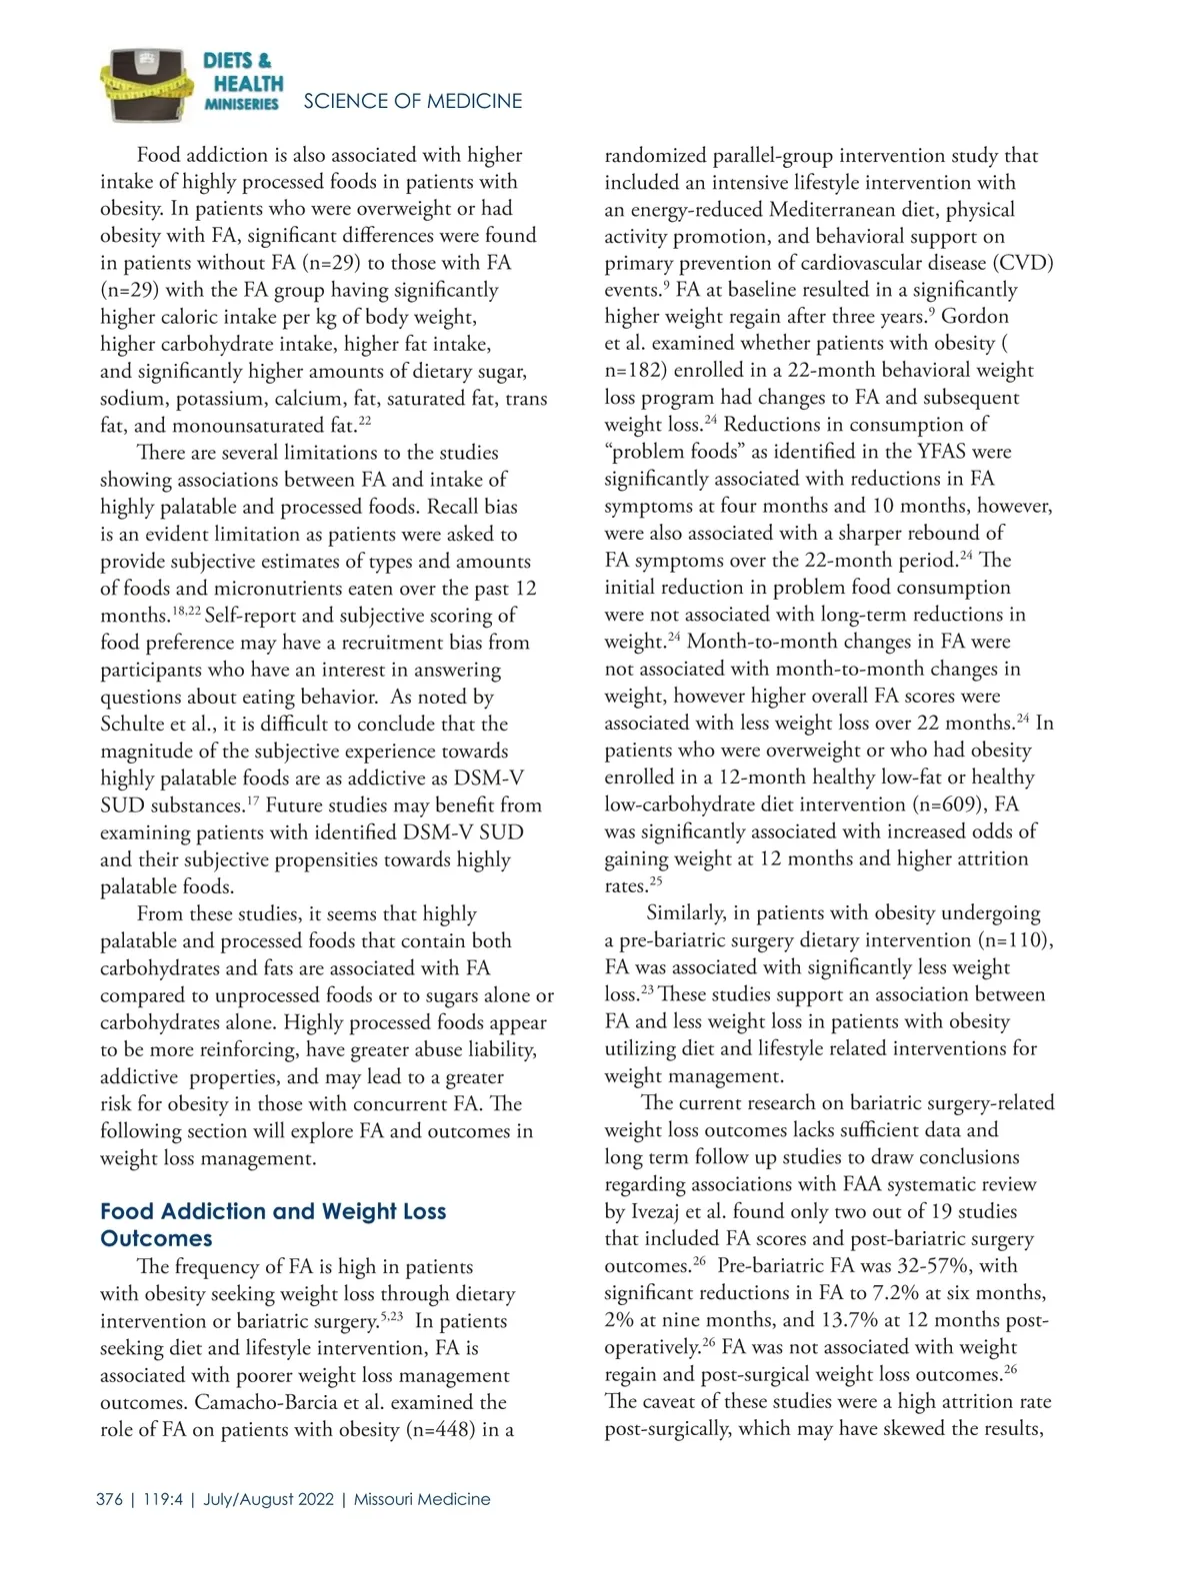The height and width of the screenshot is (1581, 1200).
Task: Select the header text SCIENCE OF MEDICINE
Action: point(412,101)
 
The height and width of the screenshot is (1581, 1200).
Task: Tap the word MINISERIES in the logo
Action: point(241,104)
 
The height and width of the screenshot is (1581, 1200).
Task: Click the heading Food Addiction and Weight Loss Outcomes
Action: point(273,1224)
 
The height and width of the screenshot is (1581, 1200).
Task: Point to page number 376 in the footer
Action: point(110,1499)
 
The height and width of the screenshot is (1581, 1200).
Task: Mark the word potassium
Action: point(225,398)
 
